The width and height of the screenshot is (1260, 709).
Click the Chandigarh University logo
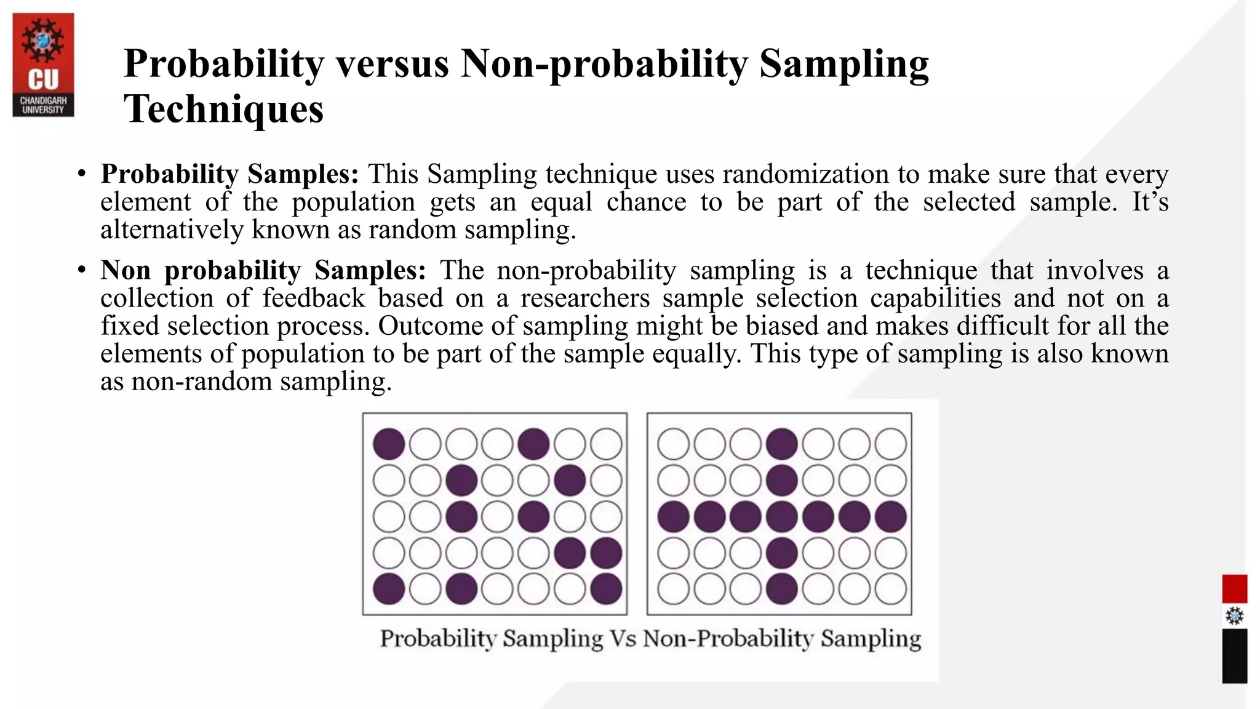tap(43, 65)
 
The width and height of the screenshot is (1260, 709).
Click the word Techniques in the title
tap(223, 109)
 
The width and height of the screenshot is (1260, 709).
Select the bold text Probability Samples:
tap(229, 174)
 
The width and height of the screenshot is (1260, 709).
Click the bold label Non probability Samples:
tap(263, 270)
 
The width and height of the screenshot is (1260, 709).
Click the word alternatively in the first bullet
tap(172, 230)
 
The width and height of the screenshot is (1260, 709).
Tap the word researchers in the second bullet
tap(585, 298)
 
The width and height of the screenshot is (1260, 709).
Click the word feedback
tap(314, 298)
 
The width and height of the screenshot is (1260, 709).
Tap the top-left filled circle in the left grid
tap(389, 444)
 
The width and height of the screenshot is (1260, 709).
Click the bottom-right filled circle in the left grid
tap(606, 588)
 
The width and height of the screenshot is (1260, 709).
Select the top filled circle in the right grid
tap(782, 444)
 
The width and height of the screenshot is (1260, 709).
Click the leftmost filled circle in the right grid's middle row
tap(673, 516)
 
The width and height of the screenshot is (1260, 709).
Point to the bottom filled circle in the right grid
tap(782, 588)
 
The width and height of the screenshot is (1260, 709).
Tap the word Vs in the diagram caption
tap(623, 638)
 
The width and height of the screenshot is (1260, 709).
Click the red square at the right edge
tap(1234, 589)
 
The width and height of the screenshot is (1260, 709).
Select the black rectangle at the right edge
tap(1234, 655)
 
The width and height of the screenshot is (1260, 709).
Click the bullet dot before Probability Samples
tap(81, 175)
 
